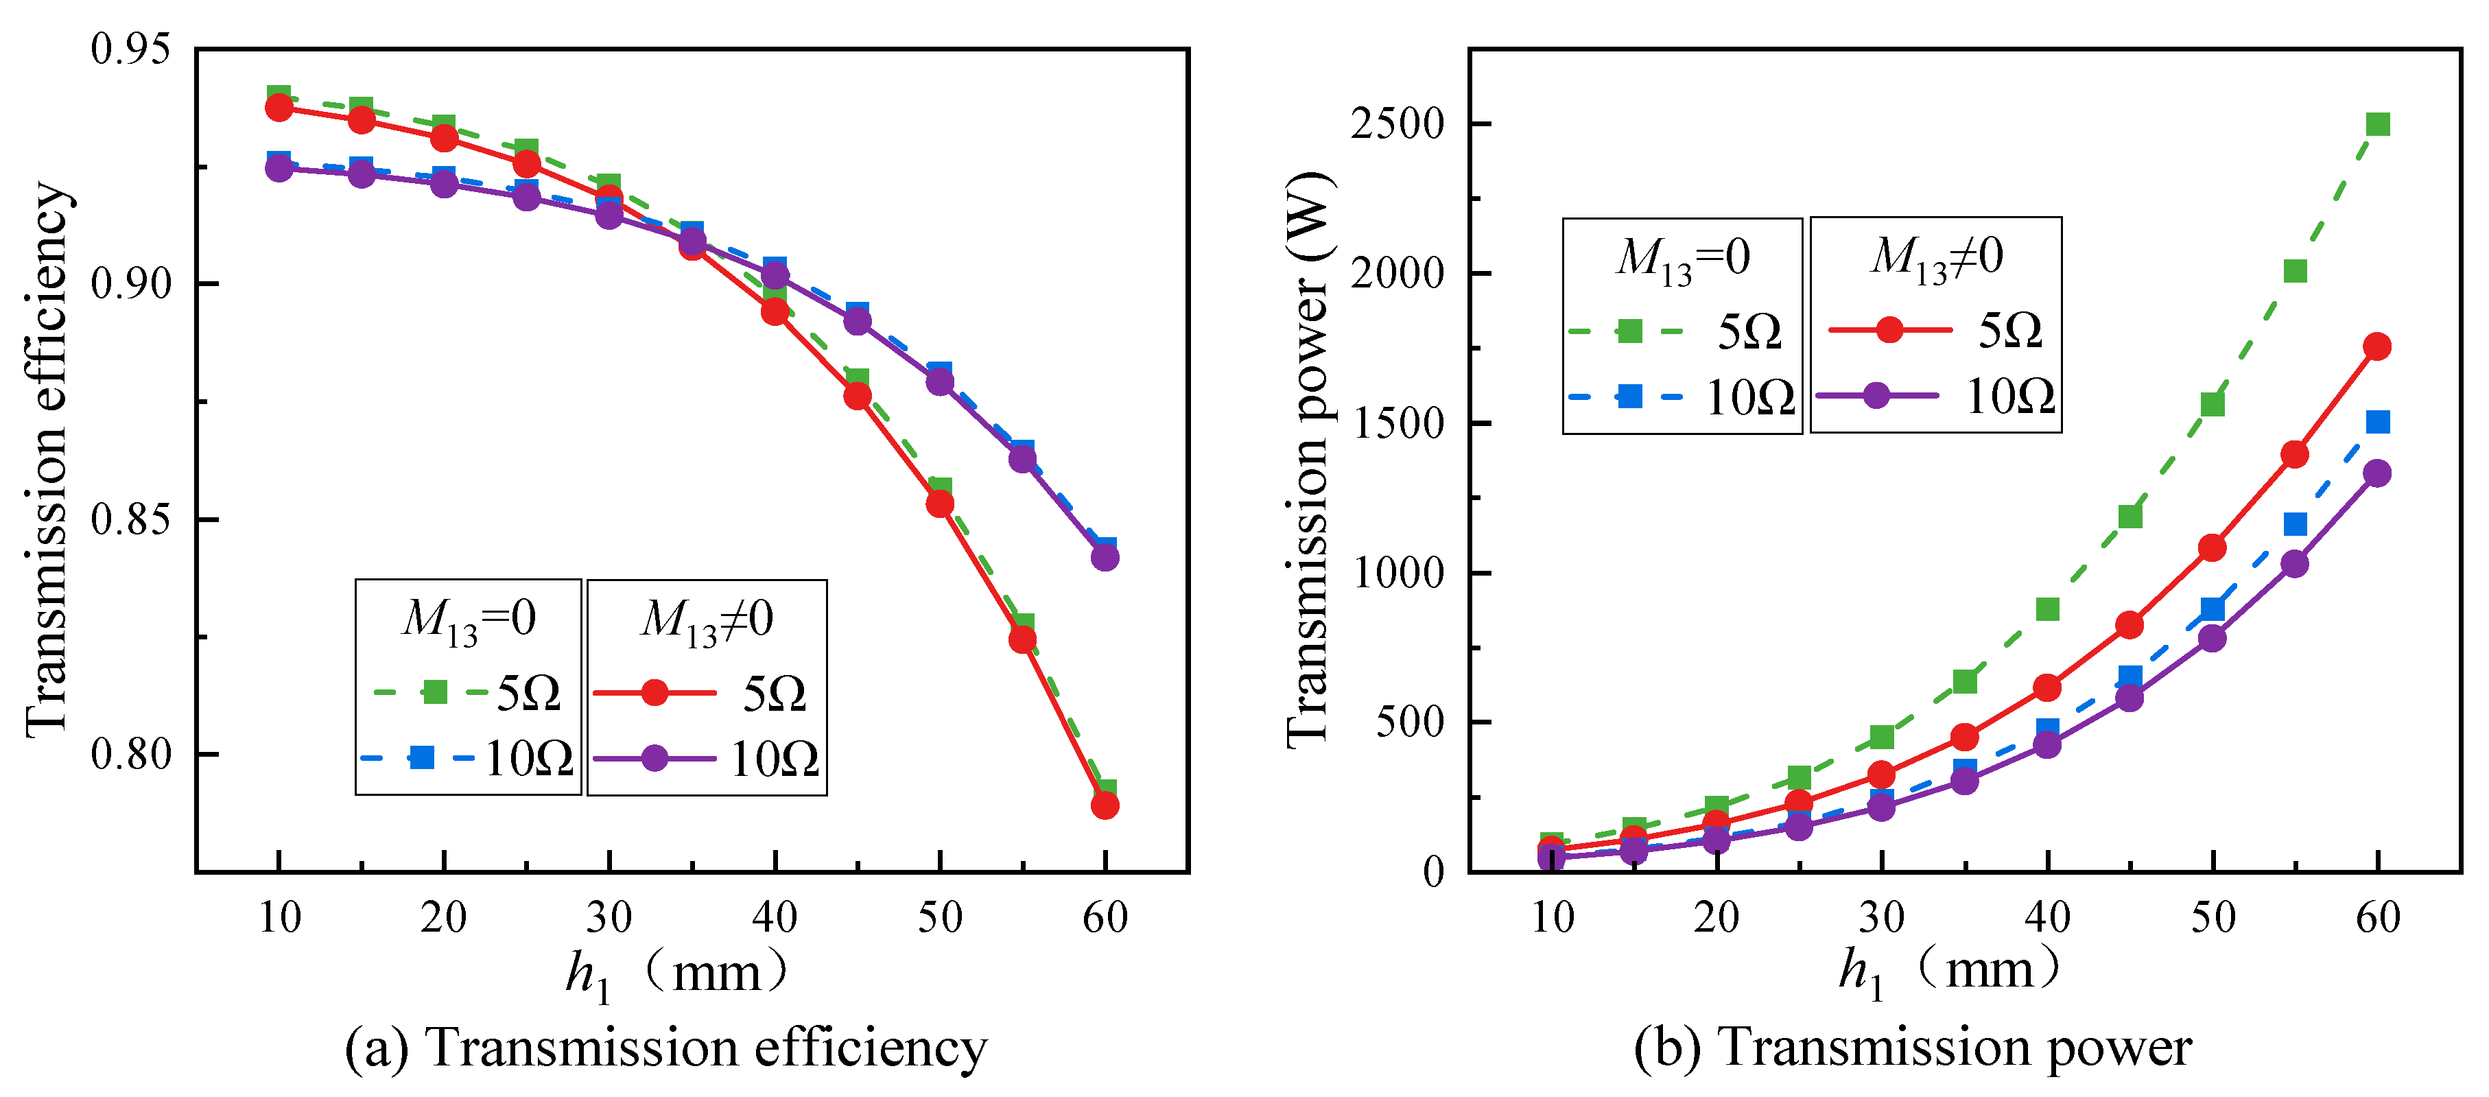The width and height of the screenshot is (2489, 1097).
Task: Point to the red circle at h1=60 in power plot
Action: click(2377, 346)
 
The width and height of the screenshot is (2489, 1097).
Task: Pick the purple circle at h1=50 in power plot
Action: click(2212, 638)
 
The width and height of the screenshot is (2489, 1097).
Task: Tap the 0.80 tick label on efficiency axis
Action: click(130, 754)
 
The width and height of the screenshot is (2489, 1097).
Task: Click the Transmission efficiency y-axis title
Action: click(47, 459)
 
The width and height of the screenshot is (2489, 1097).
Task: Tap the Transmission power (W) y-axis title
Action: click(1308, 459)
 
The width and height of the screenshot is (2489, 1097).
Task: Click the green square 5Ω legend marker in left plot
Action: click(436, 692)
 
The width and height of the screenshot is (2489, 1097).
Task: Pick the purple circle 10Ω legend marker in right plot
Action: click(1876, 395)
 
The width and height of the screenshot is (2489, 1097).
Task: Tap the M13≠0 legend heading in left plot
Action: click(707, 620)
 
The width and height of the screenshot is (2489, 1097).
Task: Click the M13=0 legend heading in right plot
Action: click(1682, 258)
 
